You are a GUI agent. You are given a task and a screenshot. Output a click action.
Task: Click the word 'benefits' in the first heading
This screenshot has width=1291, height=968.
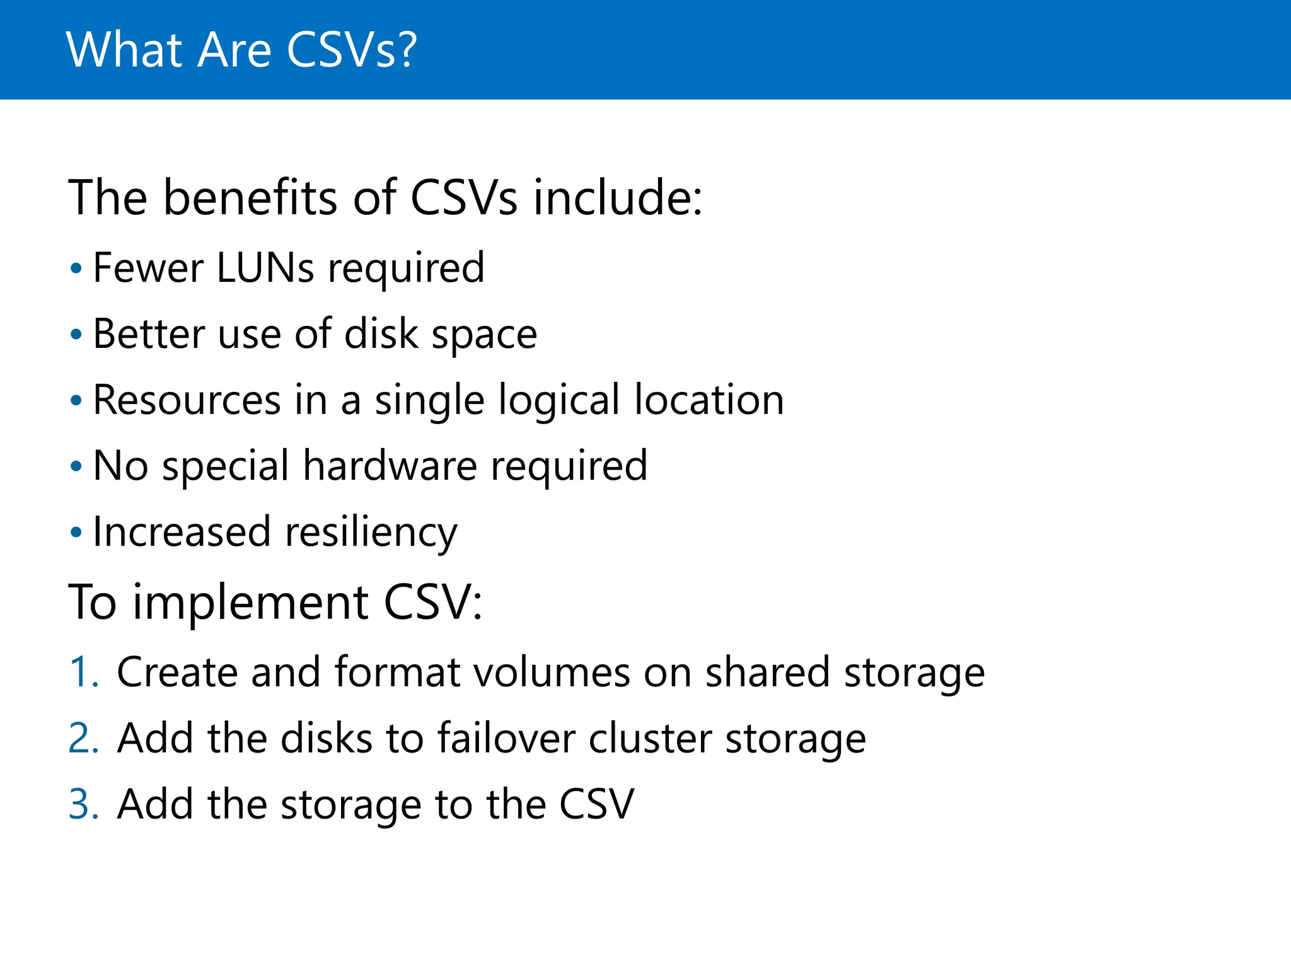tap(250, 198)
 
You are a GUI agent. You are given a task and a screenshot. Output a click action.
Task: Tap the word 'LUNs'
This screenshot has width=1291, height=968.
tap(265, 268)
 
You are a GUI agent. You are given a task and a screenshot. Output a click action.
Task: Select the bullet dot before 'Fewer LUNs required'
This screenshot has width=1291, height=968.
tap(76, 269)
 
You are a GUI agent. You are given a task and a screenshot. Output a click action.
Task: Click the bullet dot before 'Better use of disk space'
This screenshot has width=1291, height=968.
tap(76, 335)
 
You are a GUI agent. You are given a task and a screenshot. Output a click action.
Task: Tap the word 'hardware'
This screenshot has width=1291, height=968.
tap(390, 466)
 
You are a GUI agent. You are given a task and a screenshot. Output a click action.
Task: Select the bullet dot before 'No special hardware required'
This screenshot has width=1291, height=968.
tap(76, 467)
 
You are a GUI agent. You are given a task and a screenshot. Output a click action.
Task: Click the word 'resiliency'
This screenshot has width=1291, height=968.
tap(371, 533)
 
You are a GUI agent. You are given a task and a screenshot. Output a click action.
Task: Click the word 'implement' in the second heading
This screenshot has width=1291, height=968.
tap(250, 602)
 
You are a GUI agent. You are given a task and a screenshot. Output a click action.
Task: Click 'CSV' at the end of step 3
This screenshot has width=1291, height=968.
tap(596, 804)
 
